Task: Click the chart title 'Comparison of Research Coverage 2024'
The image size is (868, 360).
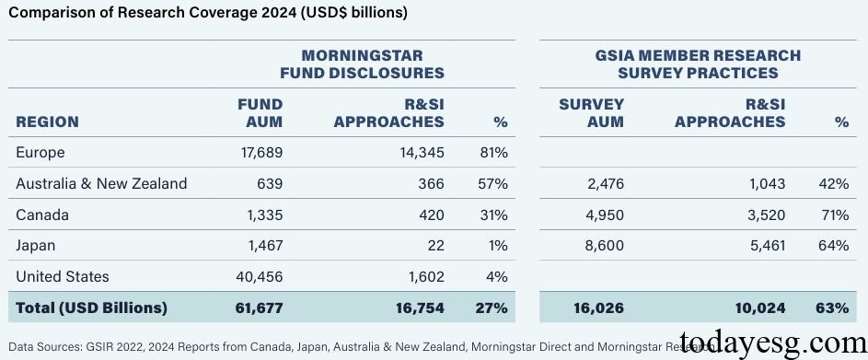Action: pos(207,13)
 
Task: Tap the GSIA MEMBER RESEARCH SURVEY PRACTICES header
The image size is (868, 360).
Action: pos(698,64)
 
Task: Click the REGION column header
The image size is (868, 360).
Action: pos(47,122)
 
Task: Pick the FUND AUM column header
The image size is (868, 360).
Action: pos(260,113)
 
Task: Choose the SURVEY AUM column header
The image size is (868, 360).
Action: pos(591,113)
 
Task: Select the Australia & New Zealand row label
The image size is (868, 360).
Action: pos(101,183)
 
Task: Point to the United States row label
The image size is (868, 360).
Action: pos(63,276)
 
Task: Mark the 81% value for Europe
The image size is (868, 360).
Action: pos(492,153)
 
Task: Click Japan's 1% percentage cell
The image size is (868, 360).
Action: pos(497,246)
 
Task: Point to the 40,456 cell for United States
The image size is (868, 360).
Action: pos(258,276)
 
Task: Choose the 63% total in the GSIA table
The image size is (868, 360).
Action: pos(833,308)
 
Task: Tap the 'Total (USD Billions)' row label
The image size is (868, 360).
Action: pos(91,308)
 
